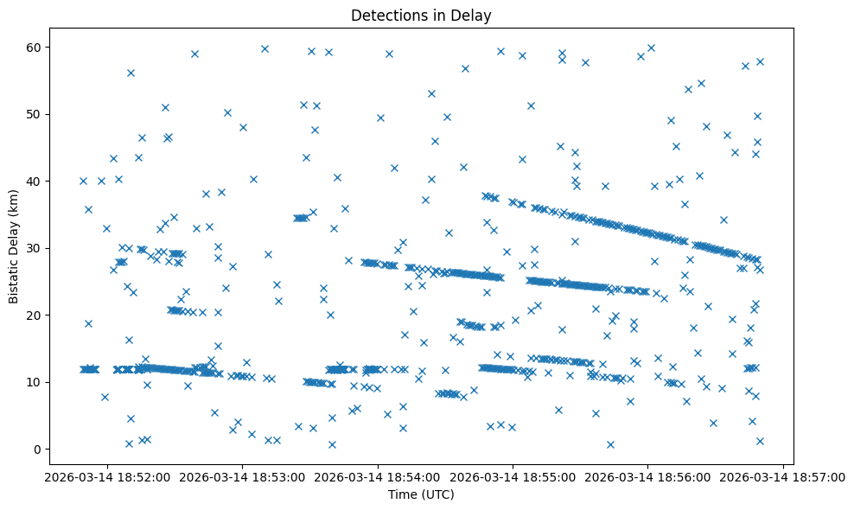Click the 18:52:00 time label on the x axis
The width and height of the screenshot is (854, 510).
pos(107,476)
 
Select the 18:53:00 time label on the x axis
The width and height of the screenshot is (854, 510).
pos(243,476)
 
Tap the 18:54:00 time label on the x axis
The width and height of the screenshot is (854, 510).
pos(378,476)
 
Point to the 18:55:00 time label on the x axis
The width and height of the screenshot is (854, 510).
pos(513,476)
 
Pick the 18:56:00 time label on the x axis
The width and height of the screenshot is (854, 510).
pos(648,476)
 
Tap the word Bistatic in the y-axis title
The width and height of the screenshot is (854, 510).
pos(15,277)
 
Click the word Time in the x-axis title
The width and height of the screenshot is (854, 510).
pos(398,495)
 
